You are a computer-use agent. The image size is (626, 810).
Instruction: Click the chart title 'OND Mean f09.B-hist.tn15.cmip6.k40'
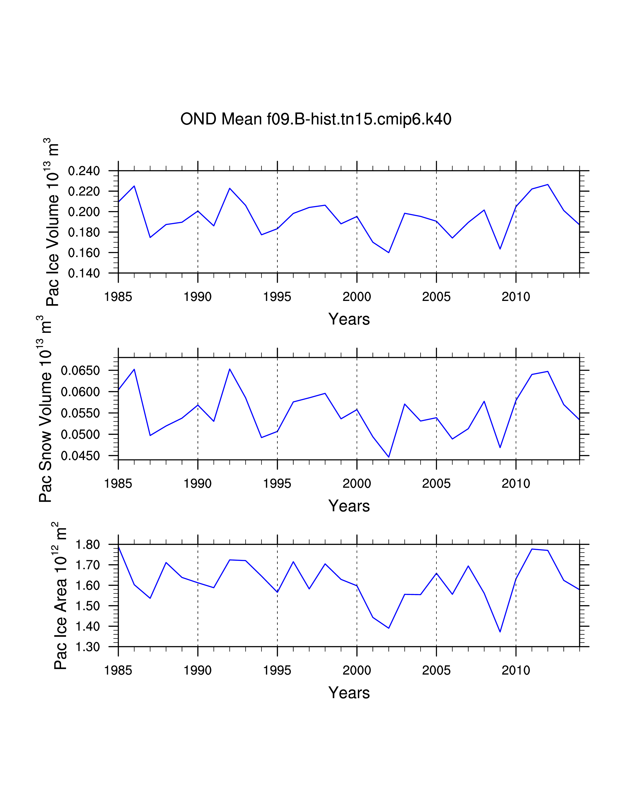tap(316, 120)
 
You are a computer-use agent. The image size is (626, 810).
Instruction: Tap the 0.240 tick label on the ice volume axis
tap(84, 171)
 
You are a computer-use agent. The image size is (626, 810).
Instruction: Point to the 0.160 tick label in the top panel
tap(84, 253)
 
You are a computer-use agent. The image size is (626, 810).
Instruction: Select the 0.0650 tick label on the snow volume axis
tap(80, 370)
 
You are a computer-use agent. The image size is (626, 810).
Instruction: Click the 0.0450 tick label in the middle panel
tap(80, 456)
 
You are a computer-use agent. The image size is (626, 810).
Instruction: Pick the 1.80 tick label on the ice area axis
tap(88, 545)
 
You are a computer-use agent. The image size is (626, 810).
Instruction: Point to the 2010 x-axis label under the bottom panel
tap(516, 671)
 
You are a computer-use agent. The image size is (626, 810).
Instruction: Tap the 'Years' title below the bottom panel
tap(349, 693)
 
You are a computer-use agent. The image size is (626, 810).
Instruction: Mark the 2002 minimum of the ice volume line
tap(389, 253)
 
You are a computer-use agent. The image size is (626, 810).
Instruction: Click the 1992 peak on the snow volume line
tap(230, 369)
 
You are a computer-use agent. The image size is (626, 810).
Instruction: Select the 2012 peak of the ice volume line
tap(547, 184)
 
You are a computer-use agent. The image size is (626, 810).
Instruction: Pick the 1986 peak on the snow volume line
tap(134, 369)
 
